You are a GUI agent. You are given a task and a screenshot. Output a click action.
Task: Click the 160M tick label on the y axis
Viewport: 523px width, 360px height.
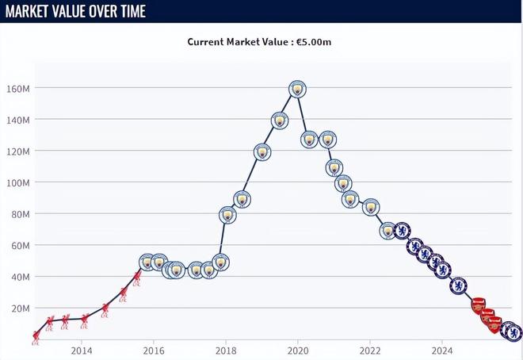pyautogui.click(x=18, y=88)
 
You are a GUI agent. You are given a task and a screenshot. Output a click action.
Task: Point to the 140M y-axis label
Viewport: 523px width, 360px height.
pyautogui.click(x=18, y=120)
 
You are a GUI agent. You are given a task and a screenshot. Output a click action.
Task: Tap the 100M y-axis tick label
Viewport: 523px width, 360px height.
pyautogui.click(x=18, y=182)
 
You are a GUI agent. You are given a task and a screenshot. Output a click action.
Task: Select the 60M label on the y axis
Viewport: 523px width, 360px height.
pyautogui.click(x=20, y=246)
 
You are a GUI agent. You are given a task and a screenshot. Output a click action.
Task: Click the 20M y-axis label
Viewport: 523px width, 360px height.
pyautogui.click(x=20, y=308)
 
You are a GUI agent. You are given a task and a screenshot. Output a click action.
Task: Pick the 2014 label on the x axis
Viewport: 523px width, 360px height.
pyautogui.click(x=82, y=350)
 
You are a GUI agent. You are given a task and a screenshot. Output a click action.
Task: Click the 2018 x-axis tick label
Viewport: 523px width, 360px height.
pyautogui.click(x=226, y=350)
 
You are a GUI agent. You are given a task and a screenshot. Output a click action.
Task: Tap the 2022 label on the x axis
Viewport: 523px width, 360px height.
pyautogui.click(x=370, y=350)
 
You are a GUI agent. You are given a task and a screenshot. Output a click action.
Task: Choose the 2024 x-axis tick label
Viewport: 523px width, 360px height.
pyautogui.click(x=442, y=350)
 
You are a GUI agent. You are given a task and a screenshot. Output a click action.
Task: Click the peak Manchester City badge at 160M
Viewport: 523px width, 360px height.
pyautogui.click(x=297, y=89)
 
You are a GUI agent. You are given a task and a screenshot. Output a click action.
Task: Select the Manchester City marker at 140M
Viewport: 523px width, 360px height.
pyautogui.click(x=280, y=121)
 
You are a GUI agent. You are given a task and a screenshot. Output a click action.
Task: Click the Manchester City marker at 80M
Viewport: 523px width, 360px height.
pyautogui.click(x=227, y=215)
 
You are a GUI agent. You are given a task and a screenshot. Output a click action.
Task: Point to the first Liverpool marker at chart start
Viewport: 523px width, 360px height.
pyautogui.click(x=36, y=337)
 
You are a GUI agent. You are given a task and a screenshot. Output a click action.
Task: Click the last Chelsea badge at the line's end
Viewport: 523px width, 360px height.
pyautogui.click(x=513, y=331)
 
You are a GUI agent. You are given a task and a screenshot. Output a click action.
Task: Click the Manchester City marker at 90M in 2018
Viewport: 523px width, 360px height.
pyautogui.click(x=242, y=199)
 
